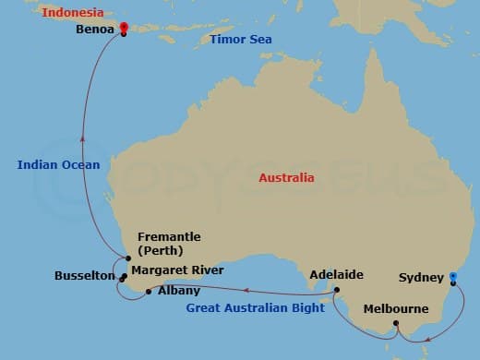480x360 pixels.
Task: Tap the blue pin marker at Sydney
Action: point(452,277)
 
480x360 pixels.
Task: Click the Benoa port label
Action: point(96,30)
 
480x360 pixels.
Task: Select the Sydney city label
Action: point(419,277)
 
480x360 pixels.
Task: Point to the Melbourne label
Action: point(396,309)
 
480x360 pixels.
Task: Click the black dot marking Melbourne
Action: point(396,323)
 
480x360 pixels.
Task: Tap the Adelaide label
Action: point(337,275)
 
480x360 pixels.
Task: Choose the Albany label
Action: point(179,291)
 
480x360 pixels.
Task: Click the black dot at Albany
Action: point(149,292)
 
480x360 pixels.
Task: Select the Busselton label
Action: point(85,276)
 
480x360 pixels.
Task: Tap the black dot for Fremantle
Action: point(127,258)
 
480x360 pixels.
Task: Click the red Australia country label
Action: point(286,177)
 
